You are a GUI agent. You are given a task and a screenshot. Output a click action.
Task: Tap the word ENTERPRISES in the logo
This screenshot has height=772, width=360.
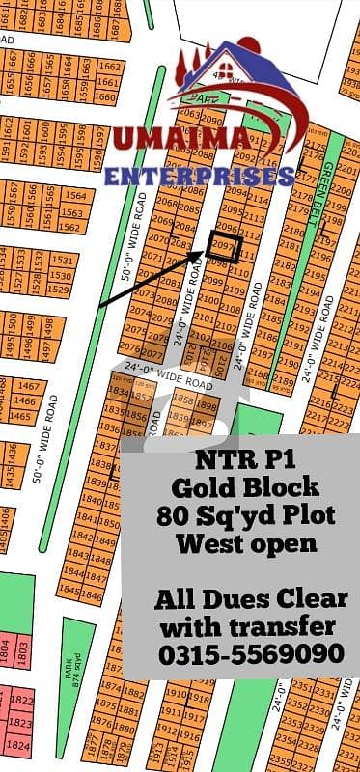pos(199,178)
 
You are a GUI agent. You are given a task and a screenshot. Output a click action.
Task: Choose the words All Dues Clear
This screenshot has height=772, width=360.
pos(249,599)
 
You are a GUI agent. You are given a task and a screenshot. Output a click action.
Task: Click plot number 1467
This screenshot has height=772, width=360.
pos(26,385)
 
